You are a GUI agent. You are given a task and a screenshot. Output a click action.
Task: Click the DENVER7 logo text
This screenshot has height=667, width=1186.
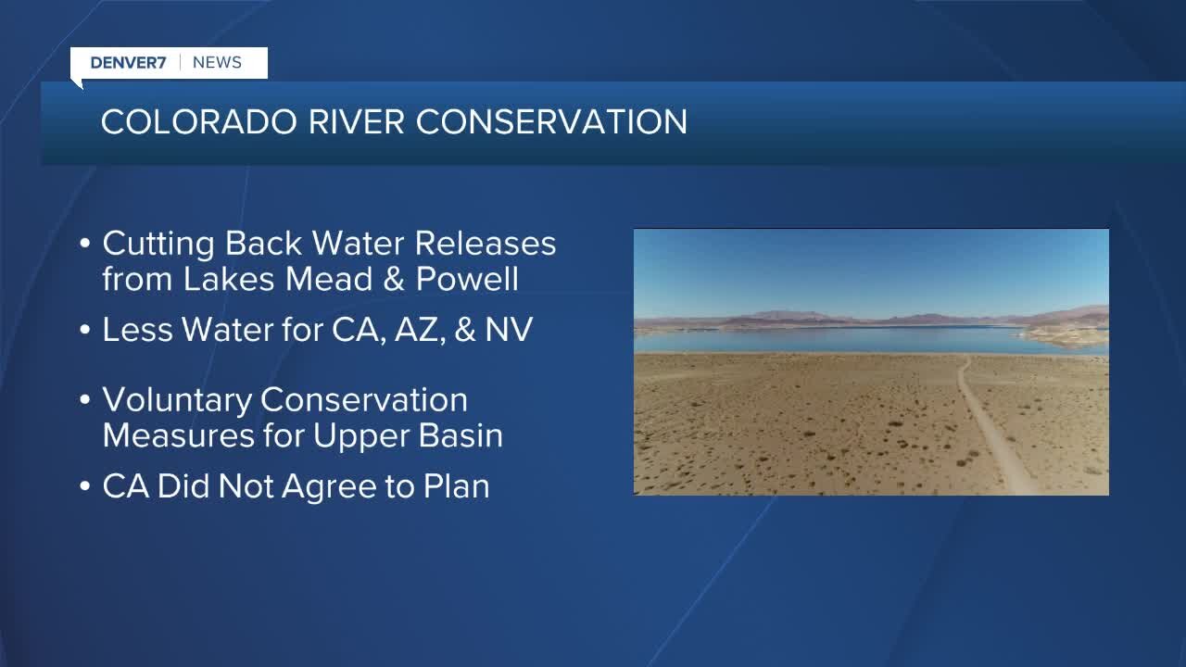click(x=128, y=62)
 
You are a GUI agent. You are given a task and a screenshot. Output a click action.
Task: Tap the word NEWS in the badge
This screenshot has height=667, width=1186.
click(x=217, y=62)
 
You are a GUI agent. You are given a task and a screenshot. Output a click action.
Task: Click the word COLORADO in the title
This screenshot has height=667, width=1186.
click(x=199, y=121)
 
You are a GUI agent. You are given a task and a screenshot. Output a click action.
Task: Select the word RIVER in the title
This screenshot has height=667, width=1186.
click(x=357, y=121)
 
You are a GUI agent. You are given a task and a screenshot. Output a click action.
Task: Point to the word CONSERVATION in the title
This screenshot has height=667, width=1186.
click(x=551, y=121)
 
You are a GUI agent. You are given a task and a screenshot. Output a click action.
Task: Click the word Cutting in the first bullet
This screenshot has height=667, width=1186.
click(x=158, y=244)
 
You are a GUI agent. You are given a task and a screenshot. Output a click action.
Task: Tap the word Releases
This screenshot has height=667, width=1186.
click(x=485, y=243)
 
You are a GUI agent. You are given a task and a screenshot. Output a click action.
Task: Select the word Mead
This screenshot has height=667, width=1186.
click(x=329, y=279)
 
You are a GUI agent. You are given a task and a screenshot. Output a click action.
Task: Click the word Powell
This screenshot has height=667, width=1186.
click(x=467, y=279)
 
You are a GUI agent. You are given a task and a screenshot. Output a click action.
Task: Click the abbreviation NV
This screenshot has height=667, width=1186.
click(x=509, y=329)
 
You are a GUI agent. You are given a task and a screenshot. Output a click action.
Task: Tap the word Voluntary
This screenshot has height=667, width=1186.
click(x=177, y=401)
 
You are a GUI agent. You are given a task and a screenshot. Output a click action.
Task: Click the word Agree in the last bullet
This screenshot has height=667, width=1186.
click(x=329, y=487)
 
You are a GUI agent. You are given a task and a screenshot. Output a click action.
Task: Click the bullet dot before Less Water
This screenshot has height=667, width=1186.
click(x=84, y=330)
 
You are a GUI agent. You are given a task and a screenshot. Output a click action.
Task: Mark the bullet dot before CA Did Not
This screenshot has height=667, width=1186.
click(x=84, y=486)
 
